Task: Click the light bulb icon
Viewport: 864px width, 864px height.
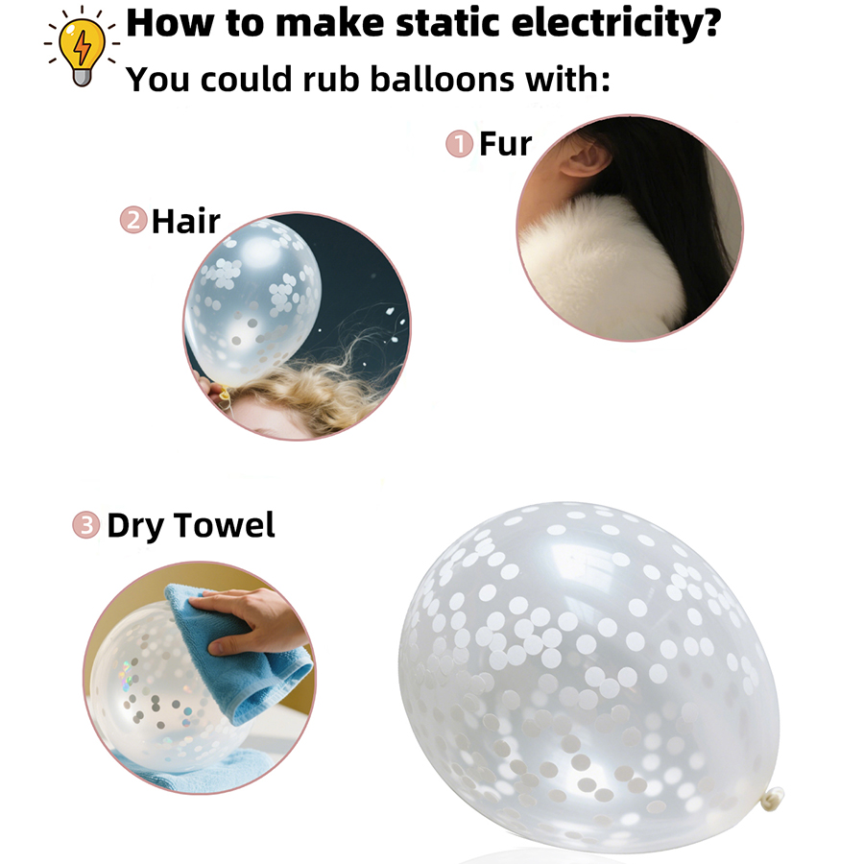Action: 82,49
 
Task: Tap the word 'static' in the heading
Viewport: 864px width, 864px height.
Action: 447,23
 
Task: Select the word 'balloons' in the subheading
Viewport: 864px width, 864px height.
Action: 442,79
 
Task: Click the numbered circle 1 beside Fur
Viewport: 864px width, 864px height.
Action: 460,144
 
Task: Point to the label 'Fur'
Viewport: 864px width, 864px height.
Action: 505,144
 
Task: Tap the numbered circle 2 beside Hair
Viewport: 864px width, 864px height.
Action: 133,220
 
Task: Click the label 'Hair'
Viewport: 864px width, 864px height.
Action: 185,221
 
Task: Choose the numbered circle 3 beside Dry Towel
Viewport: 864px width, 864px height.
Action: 86,524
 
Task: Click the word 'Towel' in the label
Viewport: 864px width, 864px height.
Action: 224,524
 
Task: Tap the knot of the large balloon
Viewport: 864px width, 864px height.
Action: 773,799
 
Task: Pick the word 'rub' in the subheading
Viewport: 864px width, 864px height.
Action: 331,79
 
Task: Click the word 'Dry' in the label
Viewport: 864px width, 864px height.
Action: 135,526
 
